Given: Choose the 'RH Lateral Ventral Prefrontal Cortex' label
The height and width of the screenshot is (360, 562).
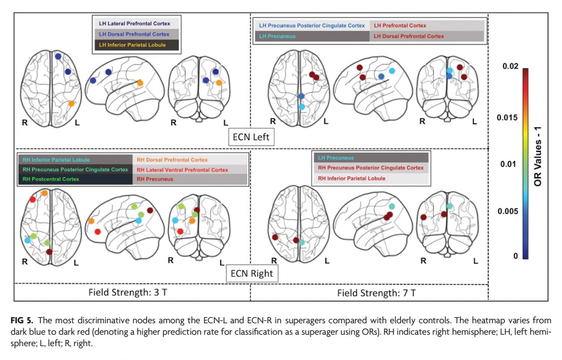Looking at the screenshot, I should pyautogui.click(x=182, y=170).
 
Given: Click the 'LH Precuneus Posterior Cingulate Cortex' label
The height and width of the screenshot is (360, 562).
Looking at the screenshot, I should pyautogui.click(x=312, y=26).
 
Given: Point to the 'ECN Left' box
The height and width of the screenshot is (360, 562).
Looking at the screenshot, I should pyautogui.click(x=253, y=137).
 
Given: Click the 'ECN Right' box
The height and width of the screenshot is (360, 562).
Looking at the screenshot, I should pyautogui.click(x=252, y=273).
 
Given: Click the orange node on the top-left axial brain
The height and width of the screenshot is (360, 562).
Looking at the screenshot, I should pyautogui.click(x=71, y=104).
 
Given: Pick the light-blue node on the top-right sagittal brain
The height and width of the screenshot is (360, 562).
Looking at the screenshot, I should pyautogui.click(x=392, y=71).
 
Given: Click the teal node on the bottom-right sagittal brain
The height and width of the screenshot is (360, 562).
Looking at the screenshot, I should pyautogui.click(x=392, y=206).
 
